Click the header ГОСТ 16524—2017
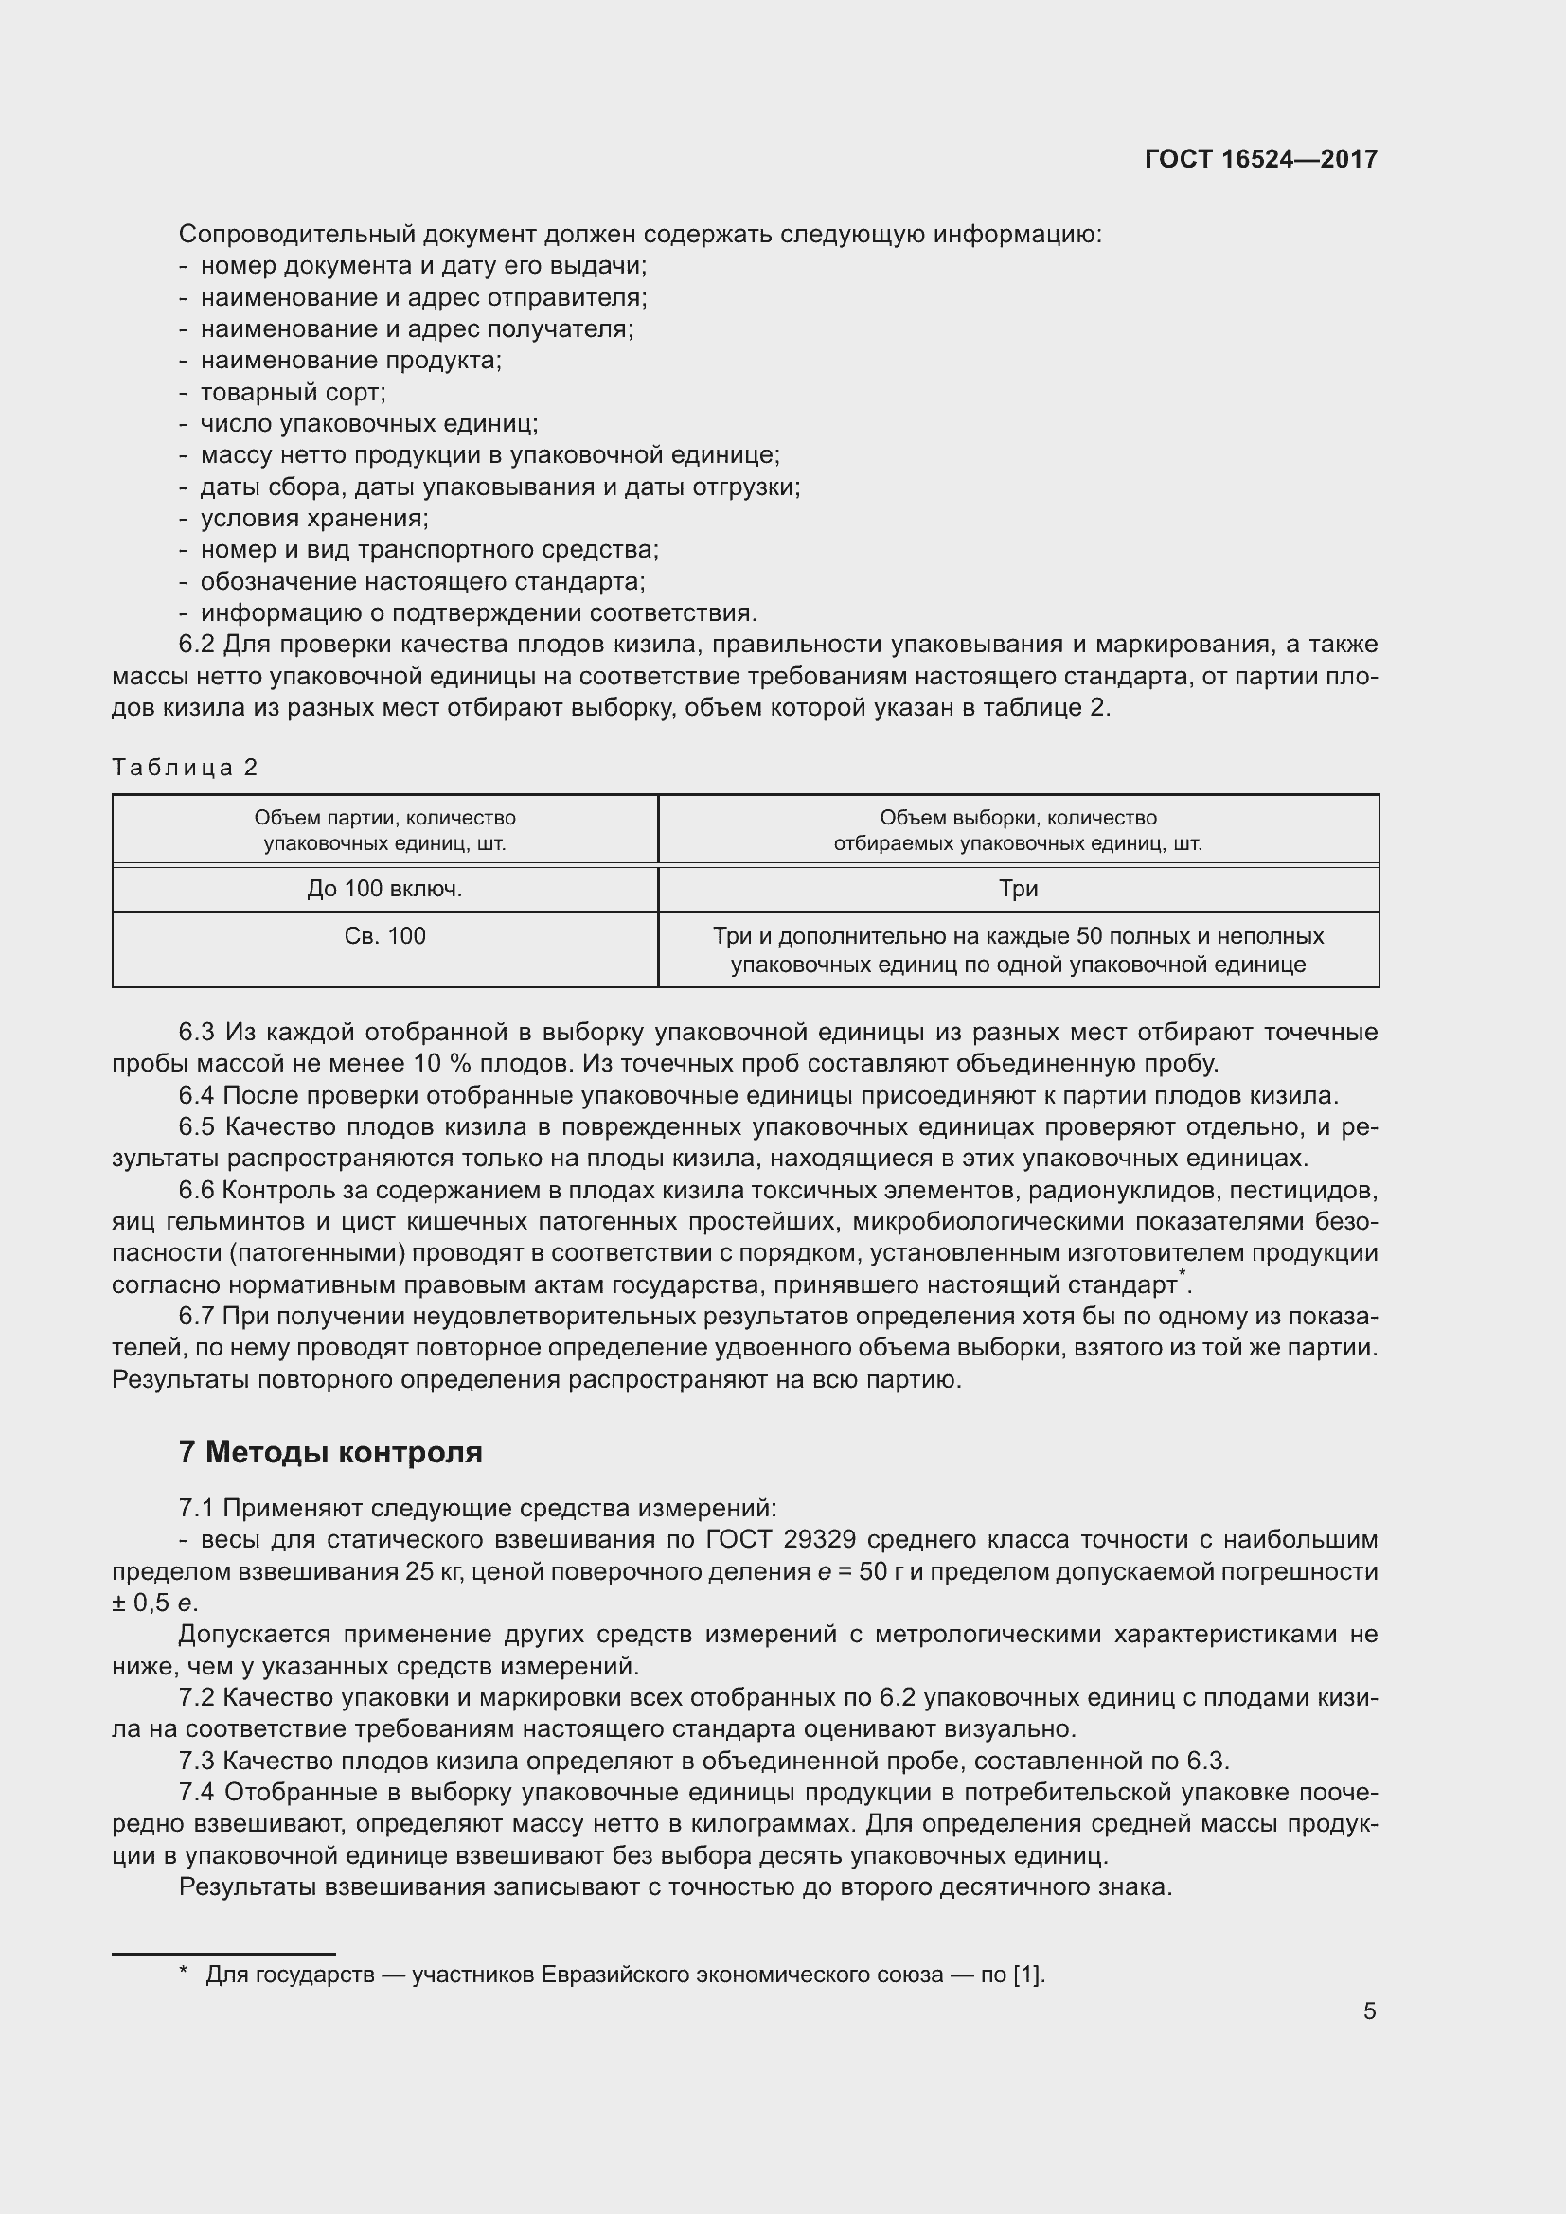click(x=1260, y=159)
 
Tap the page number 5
click(x=1369, y=2010)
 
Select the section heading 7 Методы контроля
click(x=329, y=1451)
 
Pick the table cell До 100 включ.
click(x=384, y=888)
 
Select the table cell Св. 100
click(x=384, y=935)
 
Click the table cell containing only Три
click(x=1019, y=888)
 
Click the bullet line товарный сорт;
click(x=293, y=393)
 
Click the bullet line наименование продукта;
click(x=351, y=361)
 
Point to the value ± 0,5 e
click(x=154, y=1603)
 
